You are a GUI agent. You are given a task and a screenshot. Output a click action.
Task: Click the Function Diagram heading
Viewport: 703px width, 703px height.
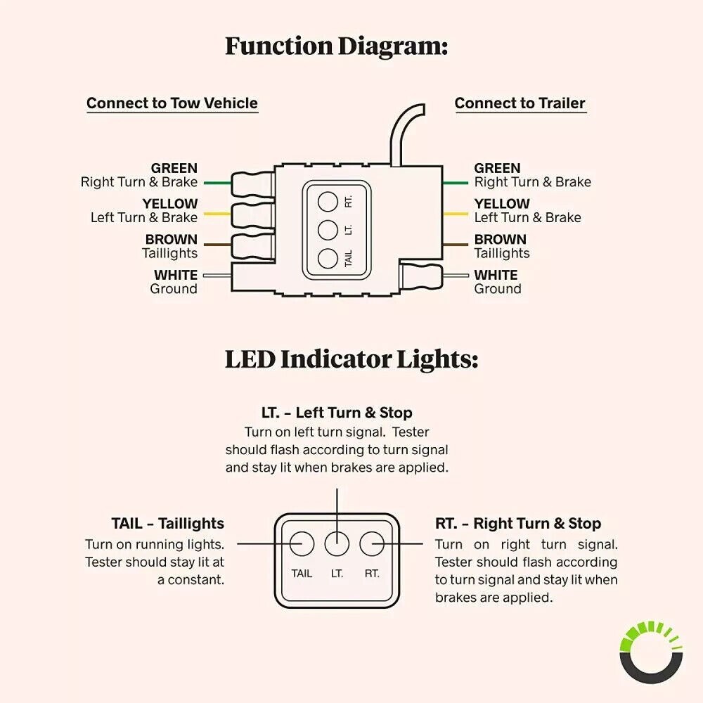(x=336, y=46)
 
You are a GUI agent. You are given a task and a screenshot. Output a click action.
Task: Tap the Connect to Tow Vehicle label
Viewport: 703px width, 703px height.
(x=172, y=103)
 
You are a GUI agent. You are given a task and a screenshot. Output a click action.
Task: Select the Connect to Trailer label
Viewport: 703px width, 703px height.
(x=520, y=103)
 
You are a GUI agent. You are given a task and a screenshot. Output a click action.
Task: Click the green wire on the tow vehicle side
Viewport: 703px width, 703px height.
(x=217, y=183)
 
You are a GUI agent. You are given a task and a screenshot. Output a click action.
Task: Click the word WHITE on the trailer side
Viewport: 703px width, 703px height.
(x=496, y=275)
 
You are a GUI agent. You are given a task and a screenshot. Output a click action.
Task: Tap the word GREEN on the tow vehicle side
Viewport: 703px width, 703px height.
(x=174, y=169)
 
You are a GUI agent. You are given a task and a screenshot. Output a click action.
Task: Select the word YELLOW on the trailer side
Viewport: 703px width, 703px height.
(x=502, y=204)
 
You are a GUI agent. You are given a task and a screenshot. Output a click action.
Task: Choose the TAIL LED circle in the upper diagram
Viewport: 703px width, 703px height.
(x=326, y=258)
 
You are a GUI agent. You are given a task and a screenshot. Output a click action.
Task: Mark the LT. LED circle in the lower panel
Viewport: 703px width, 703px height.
(x=337, y=543)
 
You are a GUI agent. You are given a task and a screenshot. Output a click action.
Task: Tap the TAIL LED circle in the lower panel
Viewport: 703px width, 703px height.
(x=302, y=543)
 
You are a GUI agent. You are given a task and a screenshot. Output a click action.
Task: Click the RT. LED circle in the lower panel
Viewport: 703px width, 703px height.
(x=370, y=543)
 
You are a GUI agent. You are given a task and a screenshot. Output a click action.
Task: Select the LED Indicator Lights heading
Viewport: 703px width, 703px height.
(x=351, y=359)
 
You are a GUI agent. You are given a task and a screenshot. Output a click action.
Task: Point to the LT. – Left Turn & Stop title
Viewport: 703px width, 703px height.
(x=337, y=413)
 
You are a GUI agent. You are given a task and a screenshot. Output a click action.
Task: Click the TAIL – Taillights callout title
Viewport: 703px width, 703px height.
(x=167, y=524)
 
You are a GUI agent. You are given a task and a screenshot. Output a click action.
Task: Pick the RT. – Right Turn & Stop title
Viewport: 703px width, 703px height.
(x=518, y=524)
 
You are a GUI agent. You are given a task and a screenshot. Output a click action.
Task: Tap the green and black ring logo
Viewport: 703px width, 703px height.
(x=651, y=652)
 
